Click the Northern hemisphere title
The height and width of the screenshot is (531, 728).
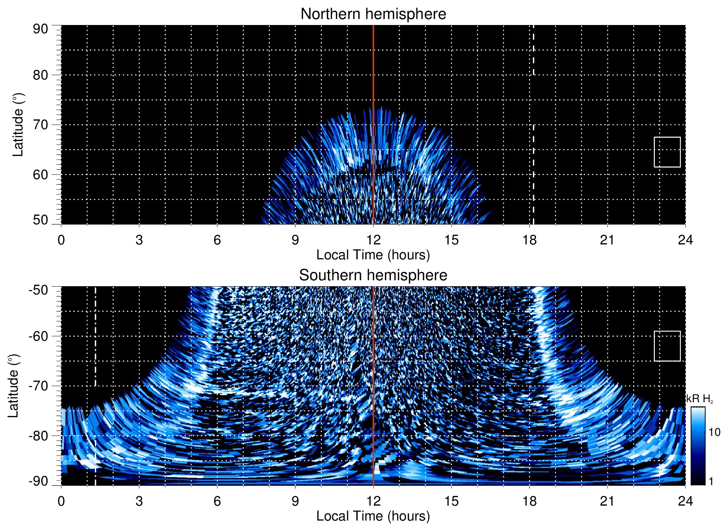[x=373, y=14]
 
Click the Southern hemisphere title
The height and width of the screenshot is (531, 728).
[x=373, y=275]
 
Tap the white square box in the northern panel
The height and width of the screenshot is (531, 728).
[x=667, y=152]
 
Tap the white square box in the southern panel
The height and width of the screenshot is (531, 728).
[x=667, y=346]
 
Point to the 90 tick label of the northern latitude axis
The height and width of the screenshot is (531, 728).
[x=40, y=29]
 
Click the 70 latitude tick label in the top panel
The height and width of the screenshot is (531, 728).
[x=40, y=125]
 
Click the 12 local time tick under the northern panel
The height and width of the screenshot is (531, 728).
[x=373, y=240]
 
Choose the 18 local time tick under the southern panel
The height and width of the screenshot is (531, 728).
[x=529, y=501]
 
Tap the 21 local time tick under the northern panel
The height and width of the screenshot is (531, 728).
[x=607, y=240]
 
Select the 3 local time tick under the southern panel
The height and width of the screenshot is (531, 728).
[x=139, y=501]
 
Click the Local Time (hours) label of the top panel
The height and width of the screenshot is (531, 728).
[x=373, y=255]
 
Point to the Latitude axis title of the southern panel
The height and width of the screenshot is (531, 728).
[x=13, y=386]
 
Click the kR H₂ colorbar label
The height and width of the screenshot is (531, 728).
[x=700, y=399]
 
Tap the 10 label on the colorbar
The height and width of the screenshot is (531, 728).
[x=714, y=432]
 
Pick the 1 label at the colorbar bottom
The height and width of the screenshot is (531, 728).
[x=711, y=481]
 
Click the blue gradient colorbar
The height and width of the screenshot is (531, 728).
[x=697, y=446]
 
